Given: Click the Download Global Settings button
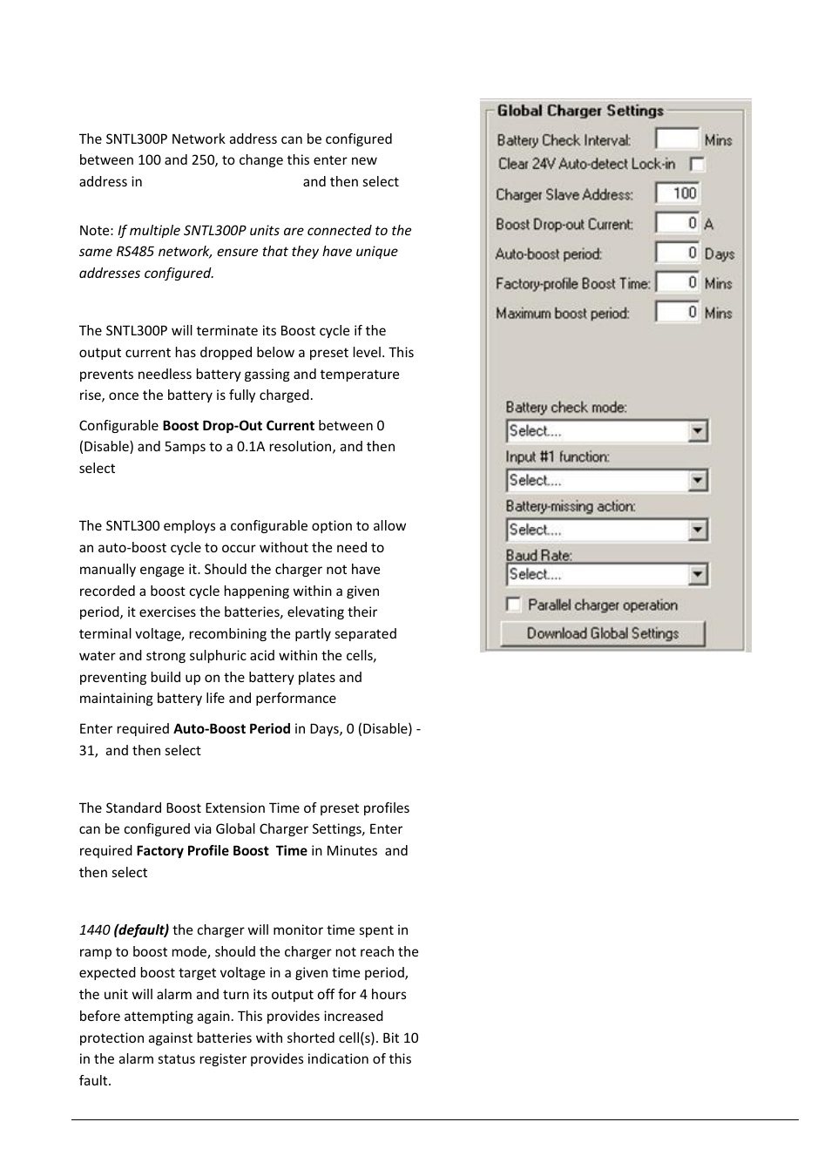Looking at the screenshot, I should pos(602,633).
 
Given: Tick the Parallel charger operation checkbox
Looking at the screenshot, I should pos(514,605).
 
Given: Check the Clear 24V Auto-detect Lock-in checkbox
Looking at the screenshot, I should pos(697,164).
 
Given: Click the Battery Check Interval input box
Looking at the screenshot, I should pos(677,139).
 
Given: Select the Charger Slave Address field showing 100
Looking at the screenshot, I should pos(677,193).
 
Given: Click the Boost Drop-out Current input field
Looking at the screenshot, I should pos(677,223).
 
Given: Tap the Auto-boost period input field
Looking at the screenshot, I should pos(677,253).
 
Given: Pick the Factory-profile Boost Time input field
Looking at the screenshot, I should pos(677,282).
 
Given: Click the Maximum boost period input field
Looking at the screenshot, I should pos(677,312).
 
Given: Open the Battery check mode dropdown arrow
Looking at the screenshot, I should pos(697,431).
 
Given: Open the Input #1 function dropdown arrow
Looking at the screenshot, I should pos(697,481).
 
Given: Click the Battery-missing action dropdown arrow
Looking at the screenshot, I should pos(697,530).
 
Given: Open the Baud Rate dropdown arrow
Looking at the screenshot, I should pos(697,575).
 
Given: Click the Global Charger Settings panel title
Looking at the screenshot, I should pos(580,111).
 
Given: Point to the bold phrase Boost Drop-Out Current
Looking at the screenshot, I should pos(238,426).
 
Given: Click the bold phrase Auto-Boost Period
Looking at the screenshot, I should pos(232,729).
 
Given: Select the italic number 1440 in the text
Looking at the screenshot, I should pos(94,930).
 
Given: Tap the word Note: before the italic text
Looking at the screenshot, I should pos(96,231).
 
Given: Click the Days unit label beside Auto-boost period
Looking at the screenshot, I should pos(719,253).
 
